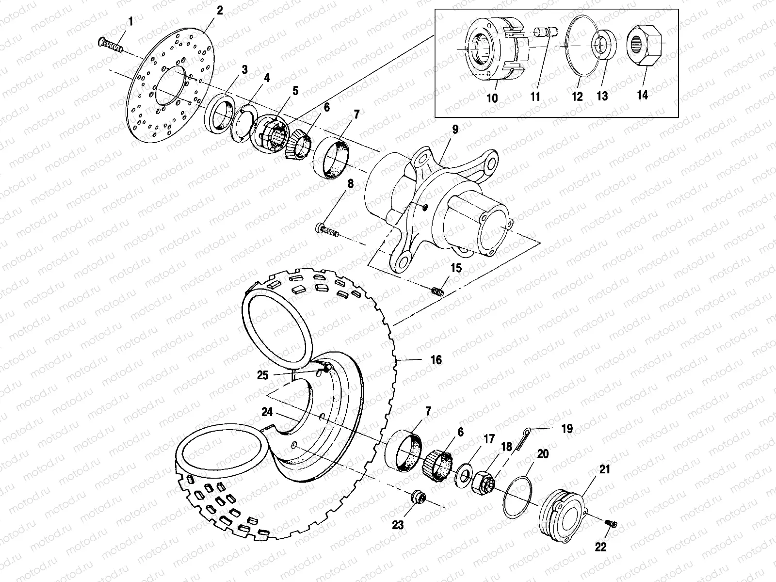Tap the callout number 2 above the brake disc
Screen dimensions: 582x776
[x=220, y=10]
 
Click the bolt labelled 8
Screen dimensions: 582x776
[x=328, y=229]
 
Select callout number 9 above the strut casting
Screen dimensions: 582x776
[x=454, y=129]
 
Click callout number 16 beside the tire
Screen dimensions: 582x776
[x=436, y=360]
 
